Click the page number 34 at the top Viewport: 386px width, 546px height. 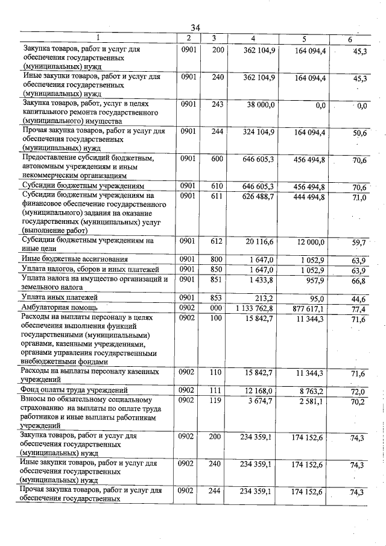[x=195, y=28]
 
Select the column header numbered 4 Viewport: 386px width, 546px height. [x=253, y=39]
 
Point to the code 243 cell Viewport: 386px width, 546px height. [x=218, y=104]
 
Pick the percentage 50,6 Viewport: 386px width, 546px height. [x=360, y=133]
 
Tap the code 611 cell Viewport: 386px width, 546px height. [x=218, y=196]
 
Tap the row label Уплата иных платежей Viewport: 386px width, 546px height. [x=59, y=297]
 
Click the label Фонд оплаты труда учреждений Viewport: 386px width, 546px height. [x=74, y=390]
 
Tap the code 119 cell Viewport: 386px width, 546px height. [x=218, y=400]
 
